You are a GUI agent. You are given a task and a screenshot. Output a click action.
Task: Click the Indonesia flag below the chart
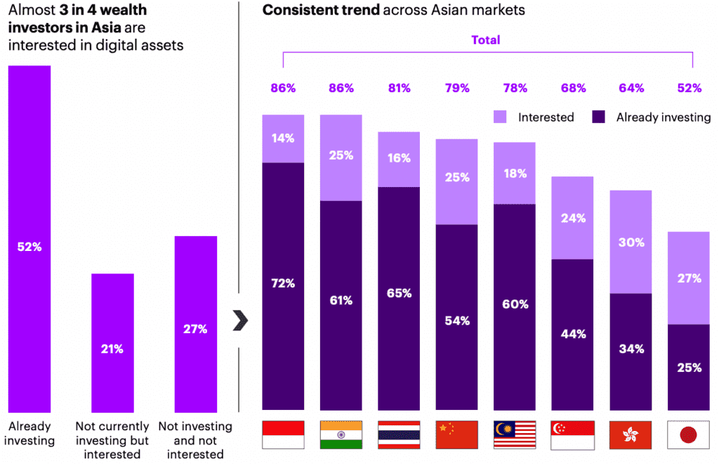point(283,435)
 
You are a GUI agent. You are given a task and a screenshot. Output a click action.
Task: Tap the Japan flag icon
point(688,435)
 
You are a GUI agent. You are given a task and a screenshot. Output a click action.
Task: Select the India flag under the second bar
point(341,435)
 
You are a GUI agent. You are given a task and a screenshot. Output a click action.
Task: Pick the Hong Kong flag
point(631,435)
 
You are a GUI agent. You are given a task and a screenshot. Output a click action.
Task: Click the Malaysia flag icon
point(515,435)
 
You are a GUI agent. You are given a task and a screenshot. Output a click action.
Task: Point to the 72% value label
point(283,283)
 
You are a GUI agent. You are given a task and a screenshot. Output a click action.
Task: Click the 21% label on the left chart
point(112,349)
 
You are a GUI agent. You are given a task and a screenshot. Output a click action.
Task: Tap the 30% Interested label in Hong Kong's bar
point(631,243)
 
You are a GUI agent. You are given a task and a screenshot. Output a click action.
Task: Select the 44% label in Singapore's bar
point(573,334)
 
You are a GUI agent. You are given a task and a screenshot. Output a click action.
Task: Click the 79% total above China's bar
point(457,89)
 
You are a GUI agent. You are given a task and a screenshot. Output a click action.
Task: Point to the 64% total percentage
point(631,89)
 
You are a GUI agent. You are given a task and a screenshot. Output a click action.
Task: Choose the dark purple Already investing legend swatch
point(599,117)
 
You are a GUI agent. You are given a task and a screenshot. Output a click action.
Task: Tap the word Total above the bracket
point(486,40)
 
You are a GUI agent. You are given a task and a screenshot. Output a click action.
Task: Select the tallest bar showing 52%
point(29,239)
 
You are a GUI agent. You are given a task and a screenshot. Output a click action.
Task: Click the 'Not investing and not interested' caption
point(195,439)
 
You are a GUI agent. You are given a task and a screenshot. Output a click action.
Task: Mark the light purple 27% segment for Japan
point(688,278)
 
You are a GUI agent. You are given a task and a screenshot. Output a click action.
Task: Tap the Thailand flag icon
point(399,435)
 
